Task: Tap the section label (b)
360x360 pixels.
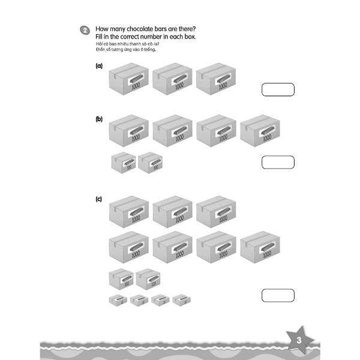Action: pos(100,119)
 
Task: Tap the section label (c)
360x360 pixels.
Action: pos(100,199)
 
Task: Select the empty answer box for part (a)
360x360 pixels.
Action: pos(278,90)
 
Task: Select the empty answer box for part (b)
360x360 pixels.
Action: pos(278,163)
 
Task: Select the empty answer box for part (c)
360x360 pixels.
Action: pos(278,295)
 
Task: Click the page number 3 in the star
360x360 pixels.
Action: pos(298,340)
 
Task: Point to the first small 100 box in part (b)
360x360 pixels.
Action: pos(123,162)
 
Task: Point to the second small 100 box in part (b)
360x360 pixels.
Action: pos(150,162)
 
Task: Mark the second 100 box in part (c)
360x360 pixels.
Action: pos(148,279)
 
